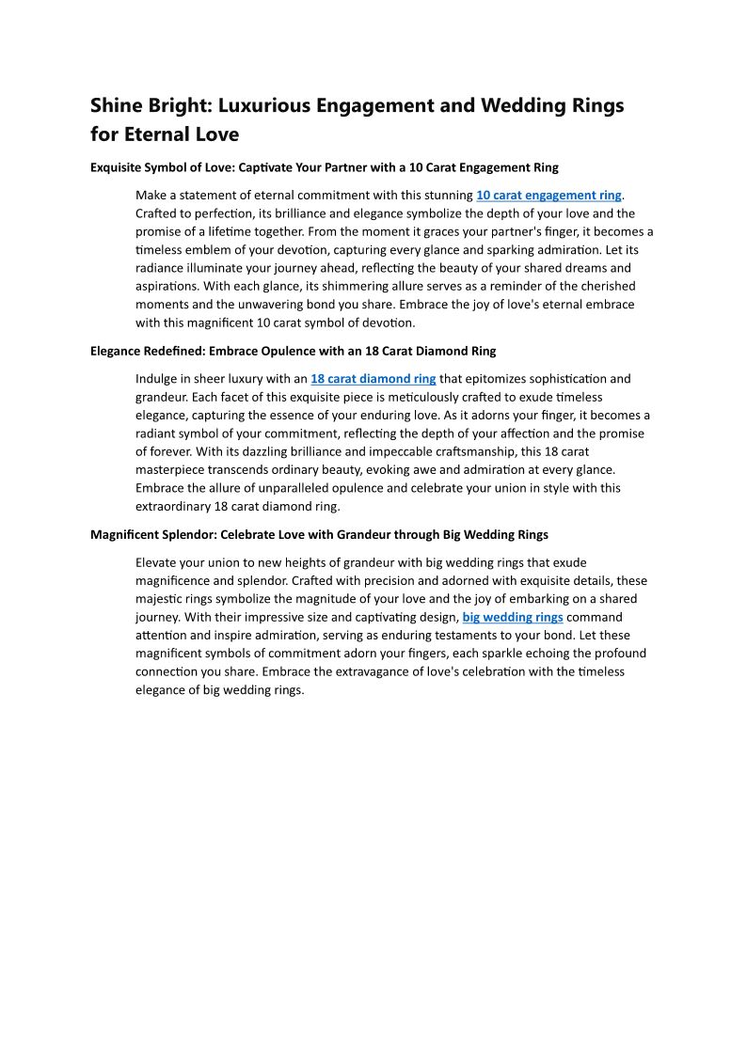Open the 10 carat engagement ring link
click(x=548, y=196)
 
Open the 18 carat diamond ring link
click(x=373, y=379)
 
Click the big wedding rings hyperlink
click(x=513, y=617)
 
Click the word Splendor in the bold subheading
click(x=183, y=535)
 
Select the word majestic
click(x=162, y=599)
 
